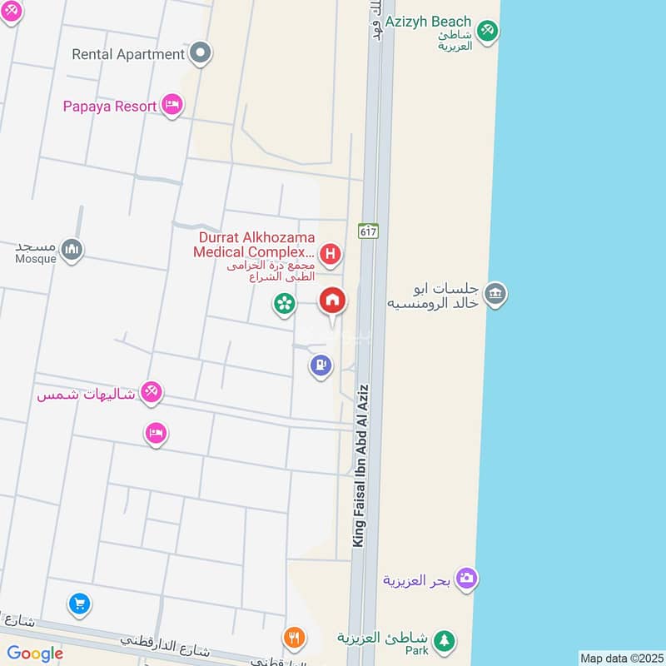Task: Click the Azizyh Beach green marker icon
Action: coord(488,30)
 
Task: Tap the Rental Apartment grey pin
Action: coord(200,54)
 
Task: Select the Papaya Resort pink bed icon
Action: coord(172,105)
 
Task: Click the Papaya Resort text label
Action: coord(110,107)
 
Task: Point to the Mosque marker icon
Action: coord(72,249)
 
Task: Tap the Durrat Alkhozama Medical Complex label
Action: coord(254,244)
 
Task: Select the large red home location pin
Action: coord(333,301)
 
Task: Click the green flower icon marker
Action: coord(285,304)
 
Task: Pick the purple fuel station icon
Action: coord(321,365)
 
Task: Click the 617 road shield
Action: coord(369,231)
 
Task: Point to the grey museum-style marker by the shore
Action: coord(495,294)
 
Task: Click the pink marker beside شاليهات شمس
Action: coord(151,392)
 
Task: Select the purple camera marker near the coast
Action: coord(467,579)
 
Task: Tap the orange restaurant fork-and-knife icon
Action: coord(294,638)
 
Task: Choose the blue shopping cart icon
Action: coord(79,604)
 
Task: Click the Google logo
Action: coord(35,654)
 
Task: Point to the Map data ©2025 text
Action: coord(620,658)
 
